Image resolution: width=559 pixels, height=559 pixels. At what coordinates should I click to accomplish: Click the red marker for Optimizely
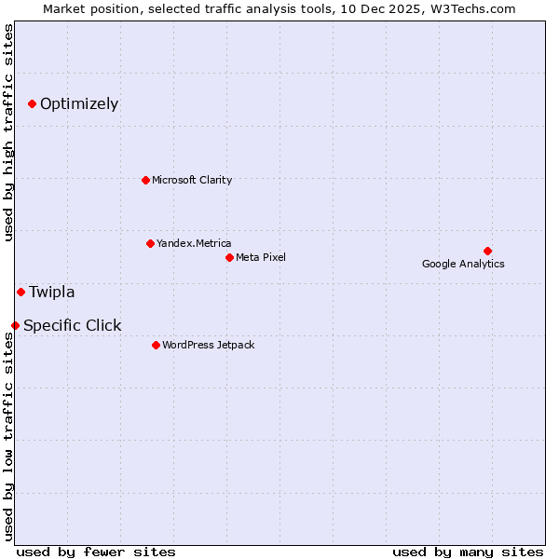tap(32, 103)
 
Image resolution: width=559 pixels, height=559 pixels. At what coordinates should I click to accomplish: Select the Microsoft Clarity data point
tap(145, 180)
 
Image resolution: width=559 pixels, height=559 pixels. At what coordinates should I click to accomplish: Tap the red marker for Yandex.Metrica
tap(150, 243)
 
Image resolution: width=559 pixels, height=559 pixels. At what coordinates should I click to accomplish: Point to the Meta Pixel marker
tap(229, 257)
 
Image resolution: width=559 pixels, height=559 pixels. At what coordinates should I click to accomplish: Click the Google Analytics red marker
tap(487, 251)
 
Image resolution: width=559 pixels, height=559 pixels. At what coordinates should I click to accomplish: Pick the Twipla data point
tap(20, 292)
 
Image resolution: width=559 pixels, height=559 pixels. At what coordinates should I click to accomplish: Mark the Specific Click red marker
tap(15, 325)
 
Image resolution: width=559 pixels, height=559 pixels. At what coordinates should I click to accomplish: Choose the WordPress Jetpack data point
tap(156, 345)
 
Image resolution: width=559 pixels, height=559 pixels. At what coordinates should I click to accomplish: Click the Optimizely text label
tap(79, 103)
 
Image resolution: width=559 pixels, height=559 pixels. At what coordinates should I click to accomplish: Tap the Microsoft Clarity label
tap(192, 180)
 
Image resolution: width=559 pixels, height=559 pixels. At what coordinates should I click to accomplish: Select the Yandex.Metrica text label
tap(194, 243)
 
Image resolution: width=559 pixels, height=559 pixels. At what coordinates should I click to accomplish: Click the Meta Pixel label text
tap(261, 257)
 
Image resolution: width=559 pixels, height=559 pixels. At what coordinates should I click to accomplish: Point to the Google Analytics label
tap(463, 264)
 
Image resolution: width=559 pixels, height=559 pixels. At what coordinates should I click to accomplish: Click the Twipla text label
tap(52, 292)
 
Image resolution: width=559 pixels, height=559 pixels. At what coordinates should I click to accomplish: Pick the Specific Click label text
tap(73, 325)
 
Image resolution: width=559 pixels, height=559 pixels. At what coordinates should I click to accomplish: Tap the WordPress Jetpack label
tap(208, 345)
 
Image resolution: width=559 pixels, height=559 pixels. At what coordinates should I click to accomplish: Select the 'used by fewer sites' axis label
tap(96, 552)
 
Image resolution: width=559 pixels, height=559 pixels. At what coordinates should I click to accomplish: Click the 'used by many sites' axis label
tap(468, 552)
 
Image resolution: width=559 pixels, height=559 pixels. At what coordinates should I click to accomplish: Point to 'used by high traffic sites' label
tap(8, 132)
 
